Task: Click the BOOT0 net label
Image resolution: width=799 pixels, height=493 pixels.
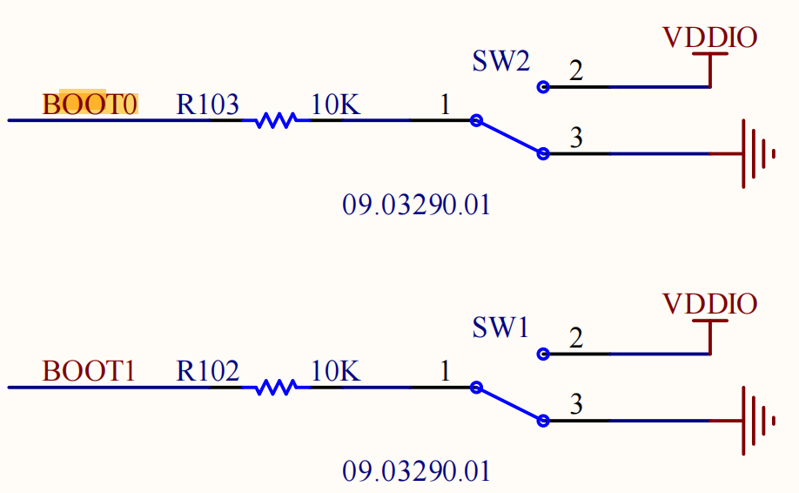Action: pos(91,105)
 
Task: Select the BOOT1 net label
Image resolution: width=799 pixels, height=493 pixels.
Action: pos(90,372)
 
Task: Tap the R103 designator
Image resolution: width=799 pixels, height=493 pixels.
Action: pos(208,105)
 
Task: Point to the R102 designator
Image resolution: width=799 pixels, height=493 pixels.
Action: pos(208,372)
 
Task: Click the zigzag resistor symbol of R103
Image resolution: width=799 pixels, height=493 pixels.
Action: pos(275,120)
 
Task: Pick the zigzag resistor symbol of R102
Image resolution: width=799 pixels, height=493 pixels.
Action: pos(275,387)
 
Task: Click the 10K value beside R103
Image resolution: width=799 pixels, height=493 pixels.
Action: pos(335,105)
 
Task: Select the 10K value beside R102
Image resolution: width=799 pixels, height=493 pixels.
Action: pos(335,372)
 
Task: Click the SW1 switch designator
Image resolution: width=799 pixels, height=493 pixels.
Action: pos(500,328)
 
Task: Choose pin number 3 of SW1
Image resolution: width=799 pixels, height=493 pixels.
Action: pos(576,405)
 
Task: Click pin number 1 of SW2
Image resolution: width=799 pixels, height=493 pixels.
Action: pos(445,105)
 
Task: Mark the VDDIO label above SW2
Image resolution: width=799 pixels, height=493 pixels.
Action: pos(709,37)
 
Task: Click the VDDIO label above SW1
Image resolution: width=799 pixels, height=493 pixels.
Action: pos(709,304)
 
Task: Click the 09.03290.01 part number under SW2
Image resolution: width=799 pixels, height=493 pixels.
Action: pos(416,206)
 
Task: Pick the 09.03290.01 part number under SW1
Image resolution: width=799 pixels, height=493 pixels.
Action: pos(416,472)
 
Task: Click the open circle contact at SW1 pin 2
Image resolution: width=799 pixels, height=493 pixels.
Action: pos(543,355)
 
